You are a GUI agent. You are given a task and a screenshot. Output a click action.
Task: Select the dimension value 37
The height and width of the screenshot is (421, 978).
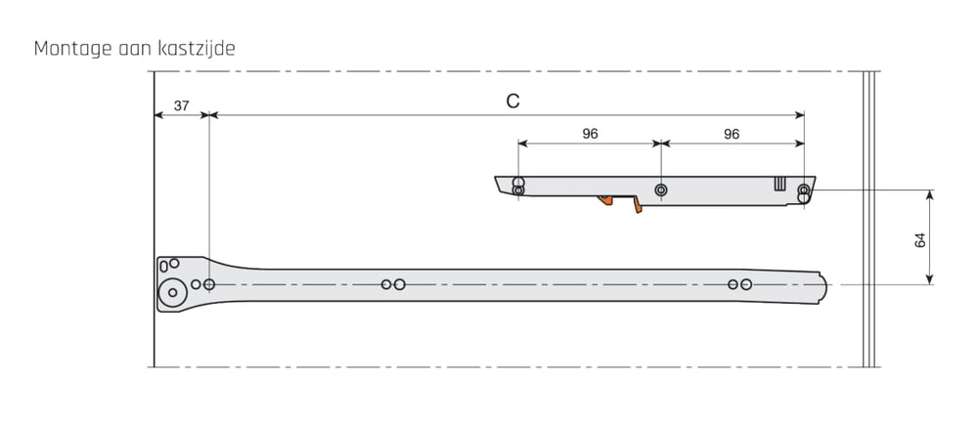tap(182, 105)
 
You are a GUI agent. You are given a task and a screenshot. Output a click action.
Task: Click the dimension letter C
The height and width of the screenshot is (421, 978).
tap(512, 102)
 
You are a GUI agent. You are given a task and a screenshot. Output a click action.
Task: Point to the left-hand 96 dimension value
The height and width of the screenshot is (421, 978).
tap(590, 134)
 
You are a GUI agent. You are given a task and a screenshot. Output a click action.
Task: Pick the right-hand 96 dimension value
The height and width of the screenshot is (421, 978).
tap(732, 134)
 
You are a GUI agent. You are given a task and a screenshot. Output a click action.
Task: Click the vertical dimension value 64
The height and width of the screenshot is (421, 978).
tap(920, 240)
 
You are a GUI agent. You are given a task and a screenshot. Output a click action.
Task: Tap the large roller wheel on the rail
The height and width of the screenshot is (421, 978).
tap(173, 293)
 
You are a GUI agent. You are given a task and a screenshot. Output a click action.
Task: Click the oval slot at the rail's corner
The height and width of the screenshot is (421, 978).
tap(163, 267)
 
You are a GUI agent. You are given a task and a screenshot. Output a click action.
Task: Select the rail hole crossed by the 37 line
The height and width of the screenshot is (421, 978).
tap(209, 284)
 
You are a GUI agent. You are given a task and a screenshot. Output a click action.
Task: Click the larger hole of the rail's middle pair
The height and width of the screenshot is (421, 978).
tap(400, 284)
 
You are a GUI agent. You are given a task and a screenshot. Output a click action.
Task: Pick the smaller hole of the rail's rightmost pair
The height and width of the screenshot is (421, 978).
tap(733, 284)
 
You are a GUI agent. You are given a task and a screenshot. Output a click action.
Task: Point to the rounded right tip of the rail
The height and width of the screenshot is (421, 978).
tap(824, 287)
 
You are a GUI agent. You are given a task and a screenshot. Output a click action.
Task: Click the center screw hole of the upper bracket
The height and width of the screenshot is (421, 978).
tap(660, 189)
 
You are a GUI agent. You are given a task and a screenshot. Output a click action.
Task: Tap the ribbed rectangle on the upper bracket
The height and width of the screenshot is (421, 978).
tap(779, 184)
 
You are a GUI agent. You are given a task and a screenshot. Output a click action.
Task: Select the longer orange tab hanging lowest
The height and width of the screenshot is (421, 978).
tap(638, 205)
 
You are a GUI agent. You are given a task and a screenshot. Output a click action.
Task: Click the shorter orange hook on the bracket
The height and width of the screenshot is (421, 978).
tap(605, 200)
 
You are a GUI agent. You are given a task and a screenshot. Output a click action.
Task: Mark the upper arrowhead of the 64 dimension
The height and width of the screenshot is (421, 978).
tap(929, 193)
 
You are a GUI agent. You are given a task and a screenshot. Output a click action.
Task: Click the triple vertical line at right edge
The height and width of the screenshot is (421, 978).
tap(868, 219)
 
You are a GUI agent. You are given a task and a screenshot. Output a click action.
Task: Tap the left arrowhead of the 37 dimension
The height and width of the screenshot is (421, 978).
tap(158, 115)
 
